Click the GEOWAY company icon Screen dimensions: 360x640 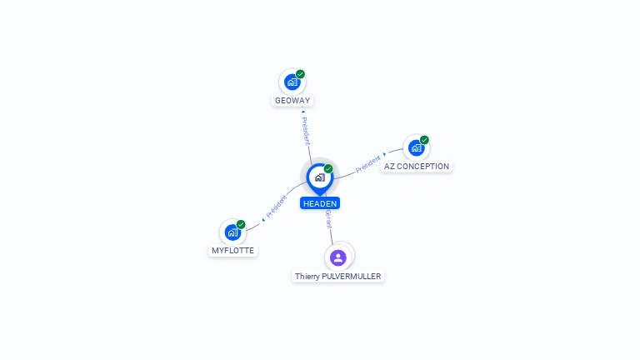point(292,82)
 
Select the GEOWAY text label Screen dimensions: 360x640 point(292,101)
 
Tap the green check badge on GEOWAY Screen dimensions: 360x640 point(301,74)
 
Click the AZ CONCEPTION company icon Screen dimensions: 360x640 point(416,147)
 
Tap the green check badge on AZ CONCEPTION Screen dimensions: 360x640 point(424,140)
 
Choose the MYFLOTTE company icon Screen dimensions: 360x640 point(232,232)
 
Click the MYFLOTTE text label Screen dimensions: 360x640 point(232,251)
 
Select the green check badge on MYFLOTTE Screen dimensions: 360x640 point(241,224)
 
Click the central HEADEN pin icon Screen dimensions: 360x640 point(319,177)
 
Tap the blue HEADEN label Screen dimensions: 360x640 point(320,203)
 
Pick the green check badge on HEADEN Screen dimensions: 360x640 point(328,169)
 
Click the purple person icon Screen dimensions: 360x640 point(337,257)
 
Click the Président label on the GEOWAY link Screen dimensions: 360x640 point(306,132)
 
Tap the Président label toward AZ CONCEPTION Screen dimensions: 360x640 point(368,163)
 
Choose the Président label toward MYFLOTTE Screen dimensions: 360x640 point(277,206)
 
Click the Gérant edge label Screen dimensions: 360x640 point(328,219)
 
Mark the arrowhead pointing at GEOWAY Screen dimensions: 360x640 point(303,110)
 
